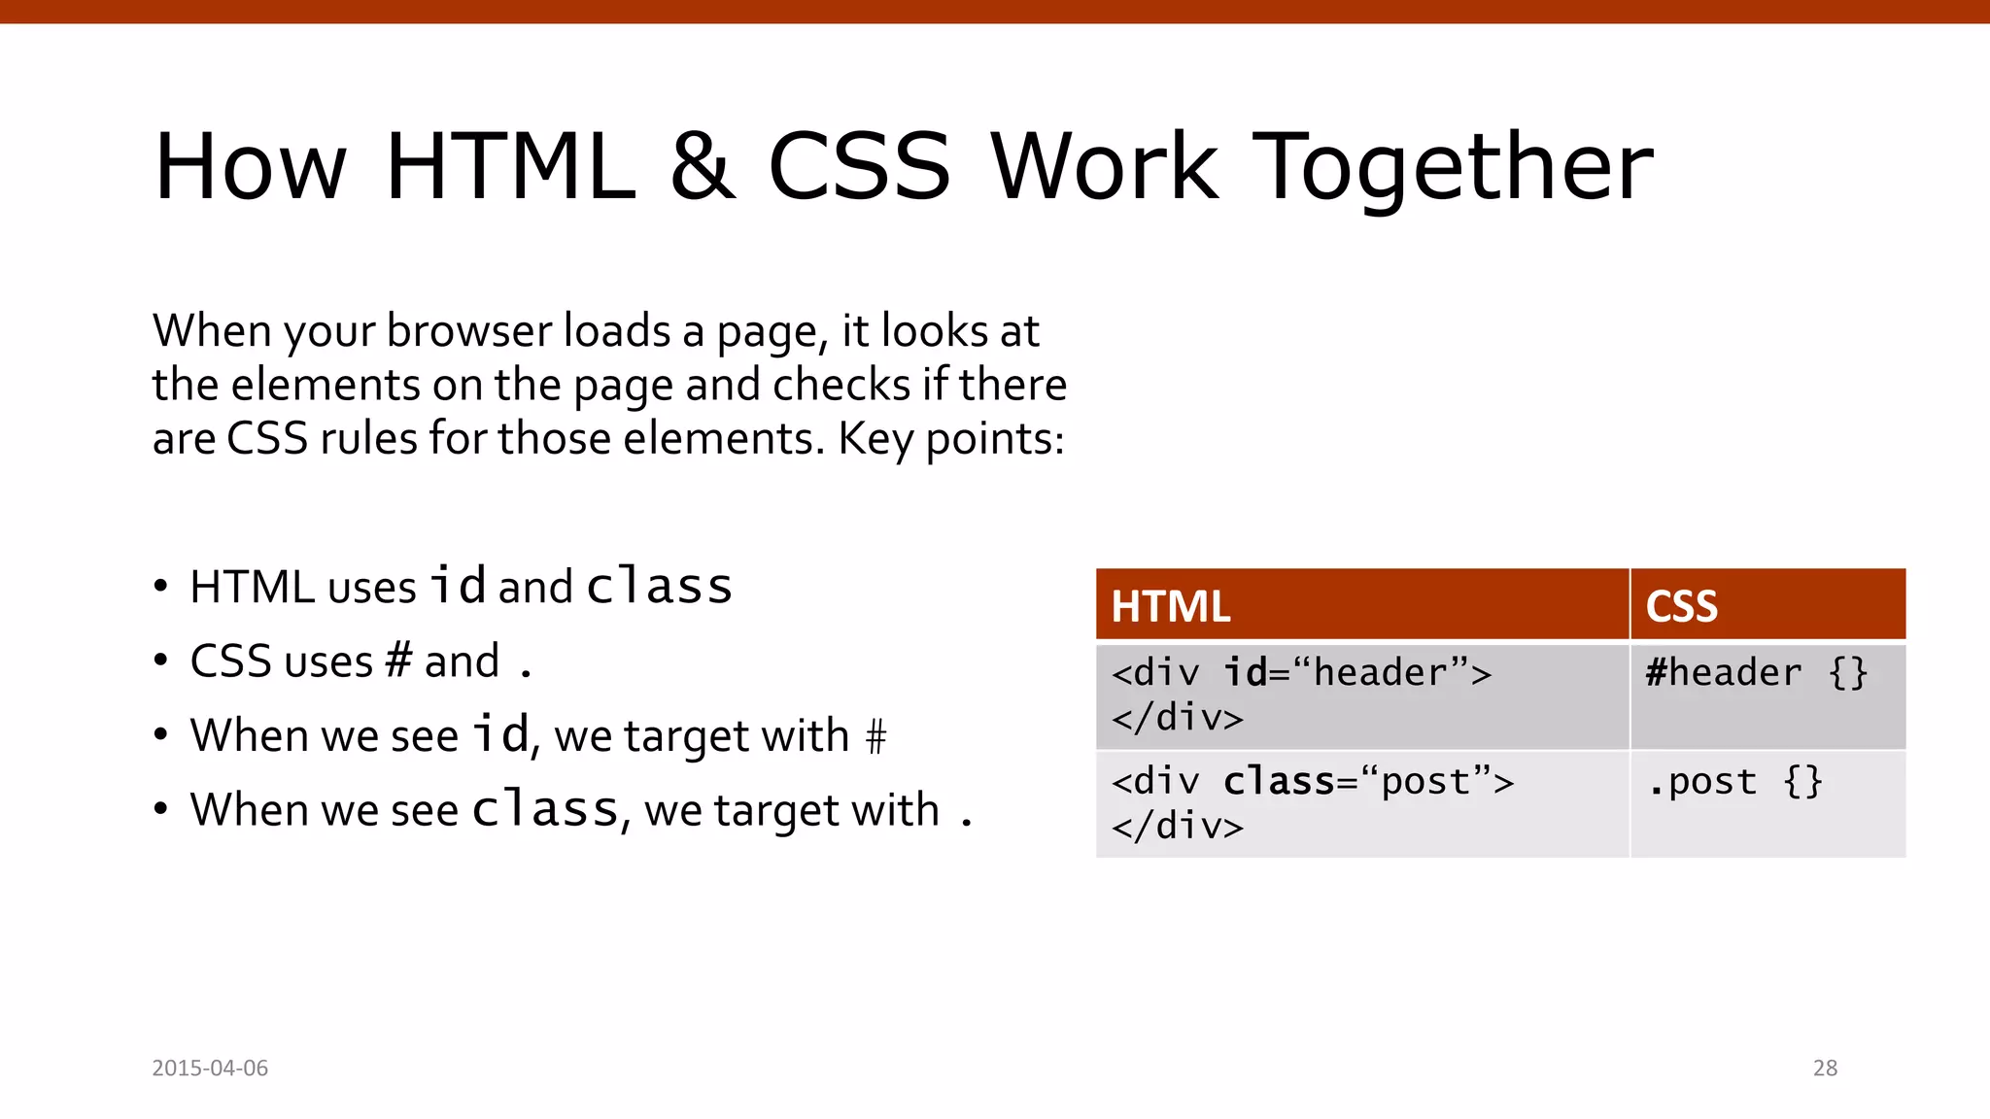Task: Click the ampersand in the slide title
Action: pyautogui.click(x=702, y=167)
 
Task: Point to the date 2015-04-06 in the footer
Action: pyautogui.click(x=210, y=1068)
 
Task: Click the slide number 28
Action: pyautogui.click(x=1825, y=1068)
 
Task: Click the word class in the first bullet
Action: pyautogui.click(x=659, y=586)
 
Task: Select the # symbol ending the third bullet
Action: pyautogui.click(x=875, y=736)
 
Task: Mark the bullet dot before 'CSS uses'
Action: pyautogui.click(x=161, y=661)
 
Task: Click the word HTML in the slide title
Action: pyautogui.click(x=510, y=167)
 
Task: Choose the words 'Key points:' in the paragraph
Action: pyautogui.click(x=951, y=439)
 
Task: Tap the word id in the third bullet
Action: pyautogui.click(x=500, y=734)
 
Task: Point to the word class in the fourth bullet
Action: pyautogui.click(x=545, y=809)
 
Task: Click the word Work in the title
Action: pyautogui.click(x=1105, y=167)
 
